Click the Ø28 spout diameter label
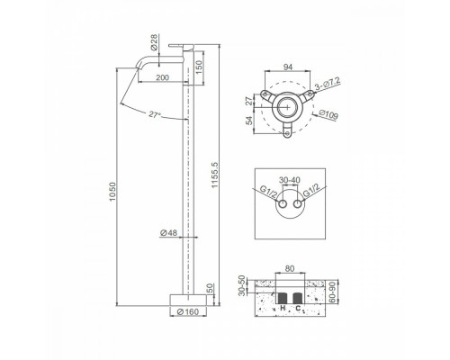(154, 42)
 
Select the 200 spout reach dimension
(163, 77)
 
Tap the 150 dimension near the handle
(199, 67)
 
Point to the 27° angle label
(155, 114)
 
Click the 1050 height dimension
(112, 192)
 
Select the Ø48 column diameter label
(169, 232)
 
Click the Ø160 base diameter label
(188, 311)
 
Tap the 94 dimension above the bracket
(288, 67)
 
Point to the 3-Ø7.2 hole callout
(328, 84)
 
